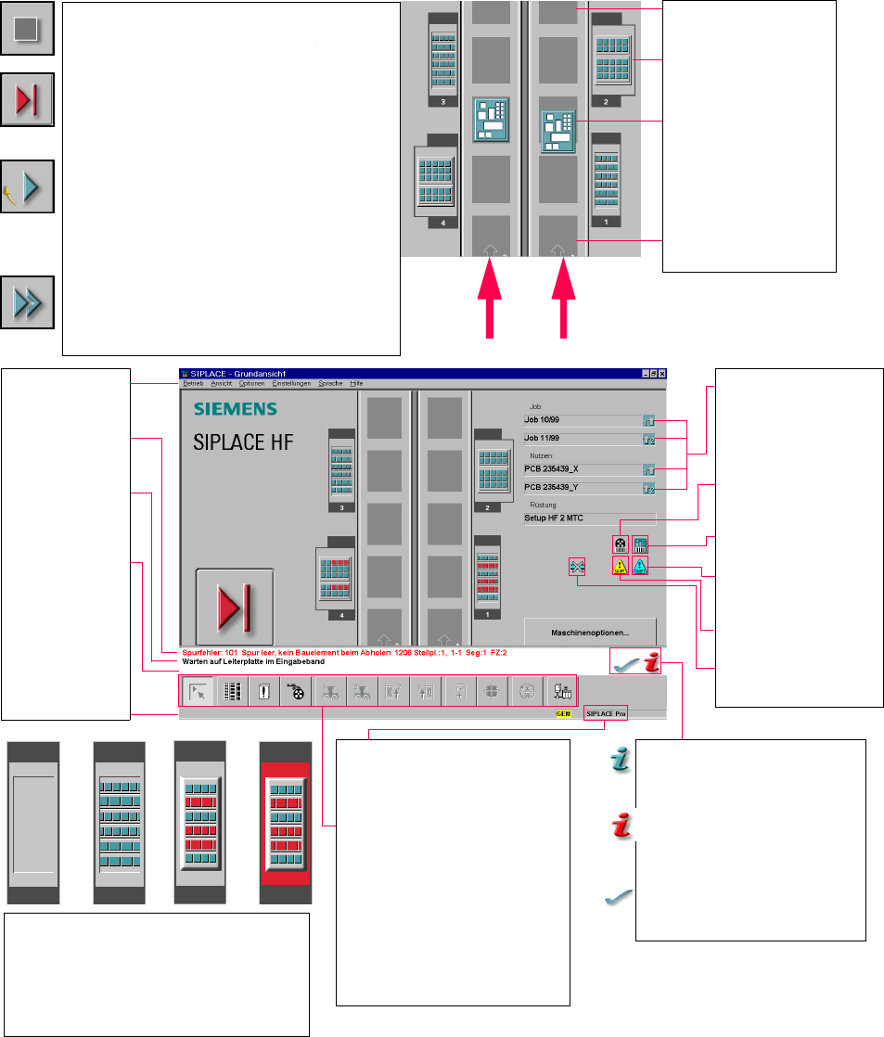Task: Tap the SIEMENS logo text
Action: click(x=235, y=409)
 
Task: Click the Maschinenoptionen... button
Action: click(x=590, y=632)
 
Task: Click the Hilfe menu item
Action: click(x=356, y=383)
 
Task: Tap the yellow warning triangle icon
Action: click(x=620, y=566)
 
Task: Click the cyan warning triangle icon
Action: click(x=640, y=566)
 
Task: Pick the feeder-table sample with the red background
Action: click(x=286, y=822)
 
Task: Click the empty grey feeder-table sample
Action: click(x=33, y=822)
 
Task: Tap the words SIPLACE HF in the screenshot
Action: click(x=243, y=442)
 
